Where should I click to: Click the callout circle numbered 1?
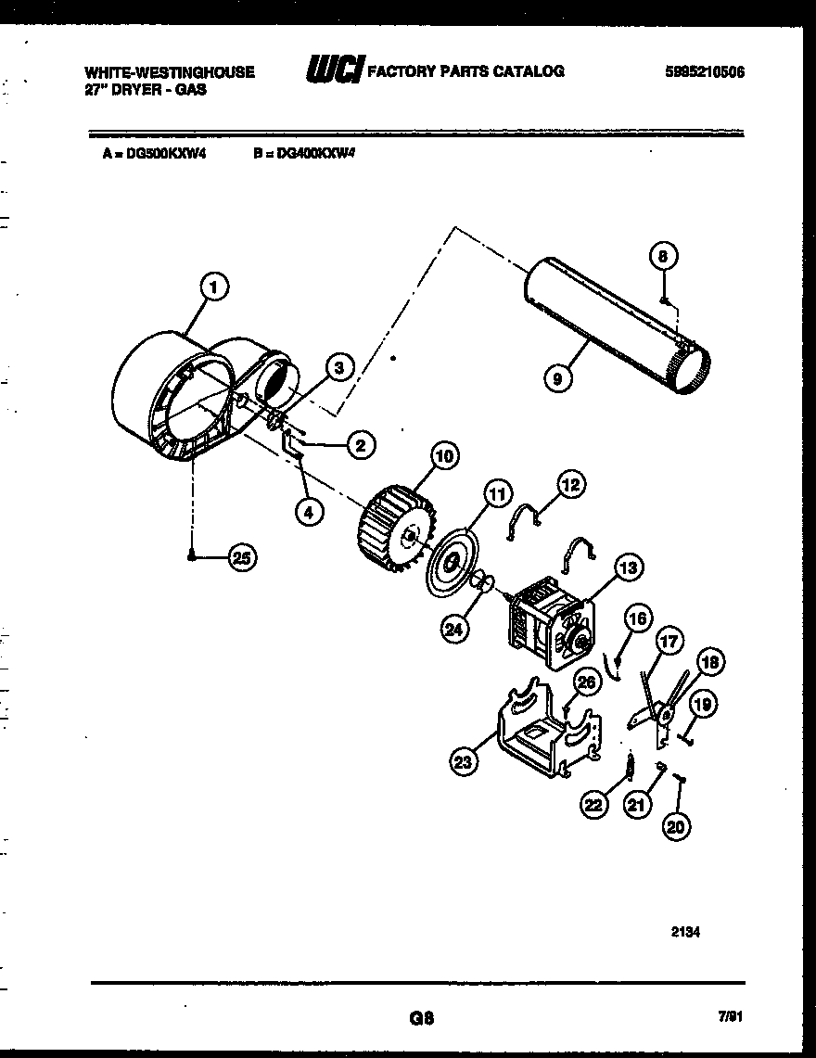(214, 288)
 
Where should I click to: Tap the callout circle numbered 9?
(557, 378)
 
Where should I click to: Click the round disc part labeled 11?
(453, 562)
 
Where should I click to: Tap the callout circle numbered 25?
(242, 556)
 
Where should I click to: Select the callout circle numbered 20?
(678, 827)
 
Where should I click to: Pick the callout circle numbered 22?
(594, 805)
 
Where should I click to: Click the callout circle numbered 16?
(637, 618)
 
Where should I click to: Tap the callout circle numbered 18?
(710, 661)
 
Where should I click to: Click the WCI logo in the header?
(334, 70)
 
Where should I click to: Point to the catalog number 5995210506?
(705, 71)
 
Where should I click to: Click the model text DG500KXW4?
(159, 155)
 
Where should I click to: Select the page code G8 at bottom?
(421, 1017)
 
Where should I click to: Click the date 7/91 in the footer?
(731, 1017)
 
